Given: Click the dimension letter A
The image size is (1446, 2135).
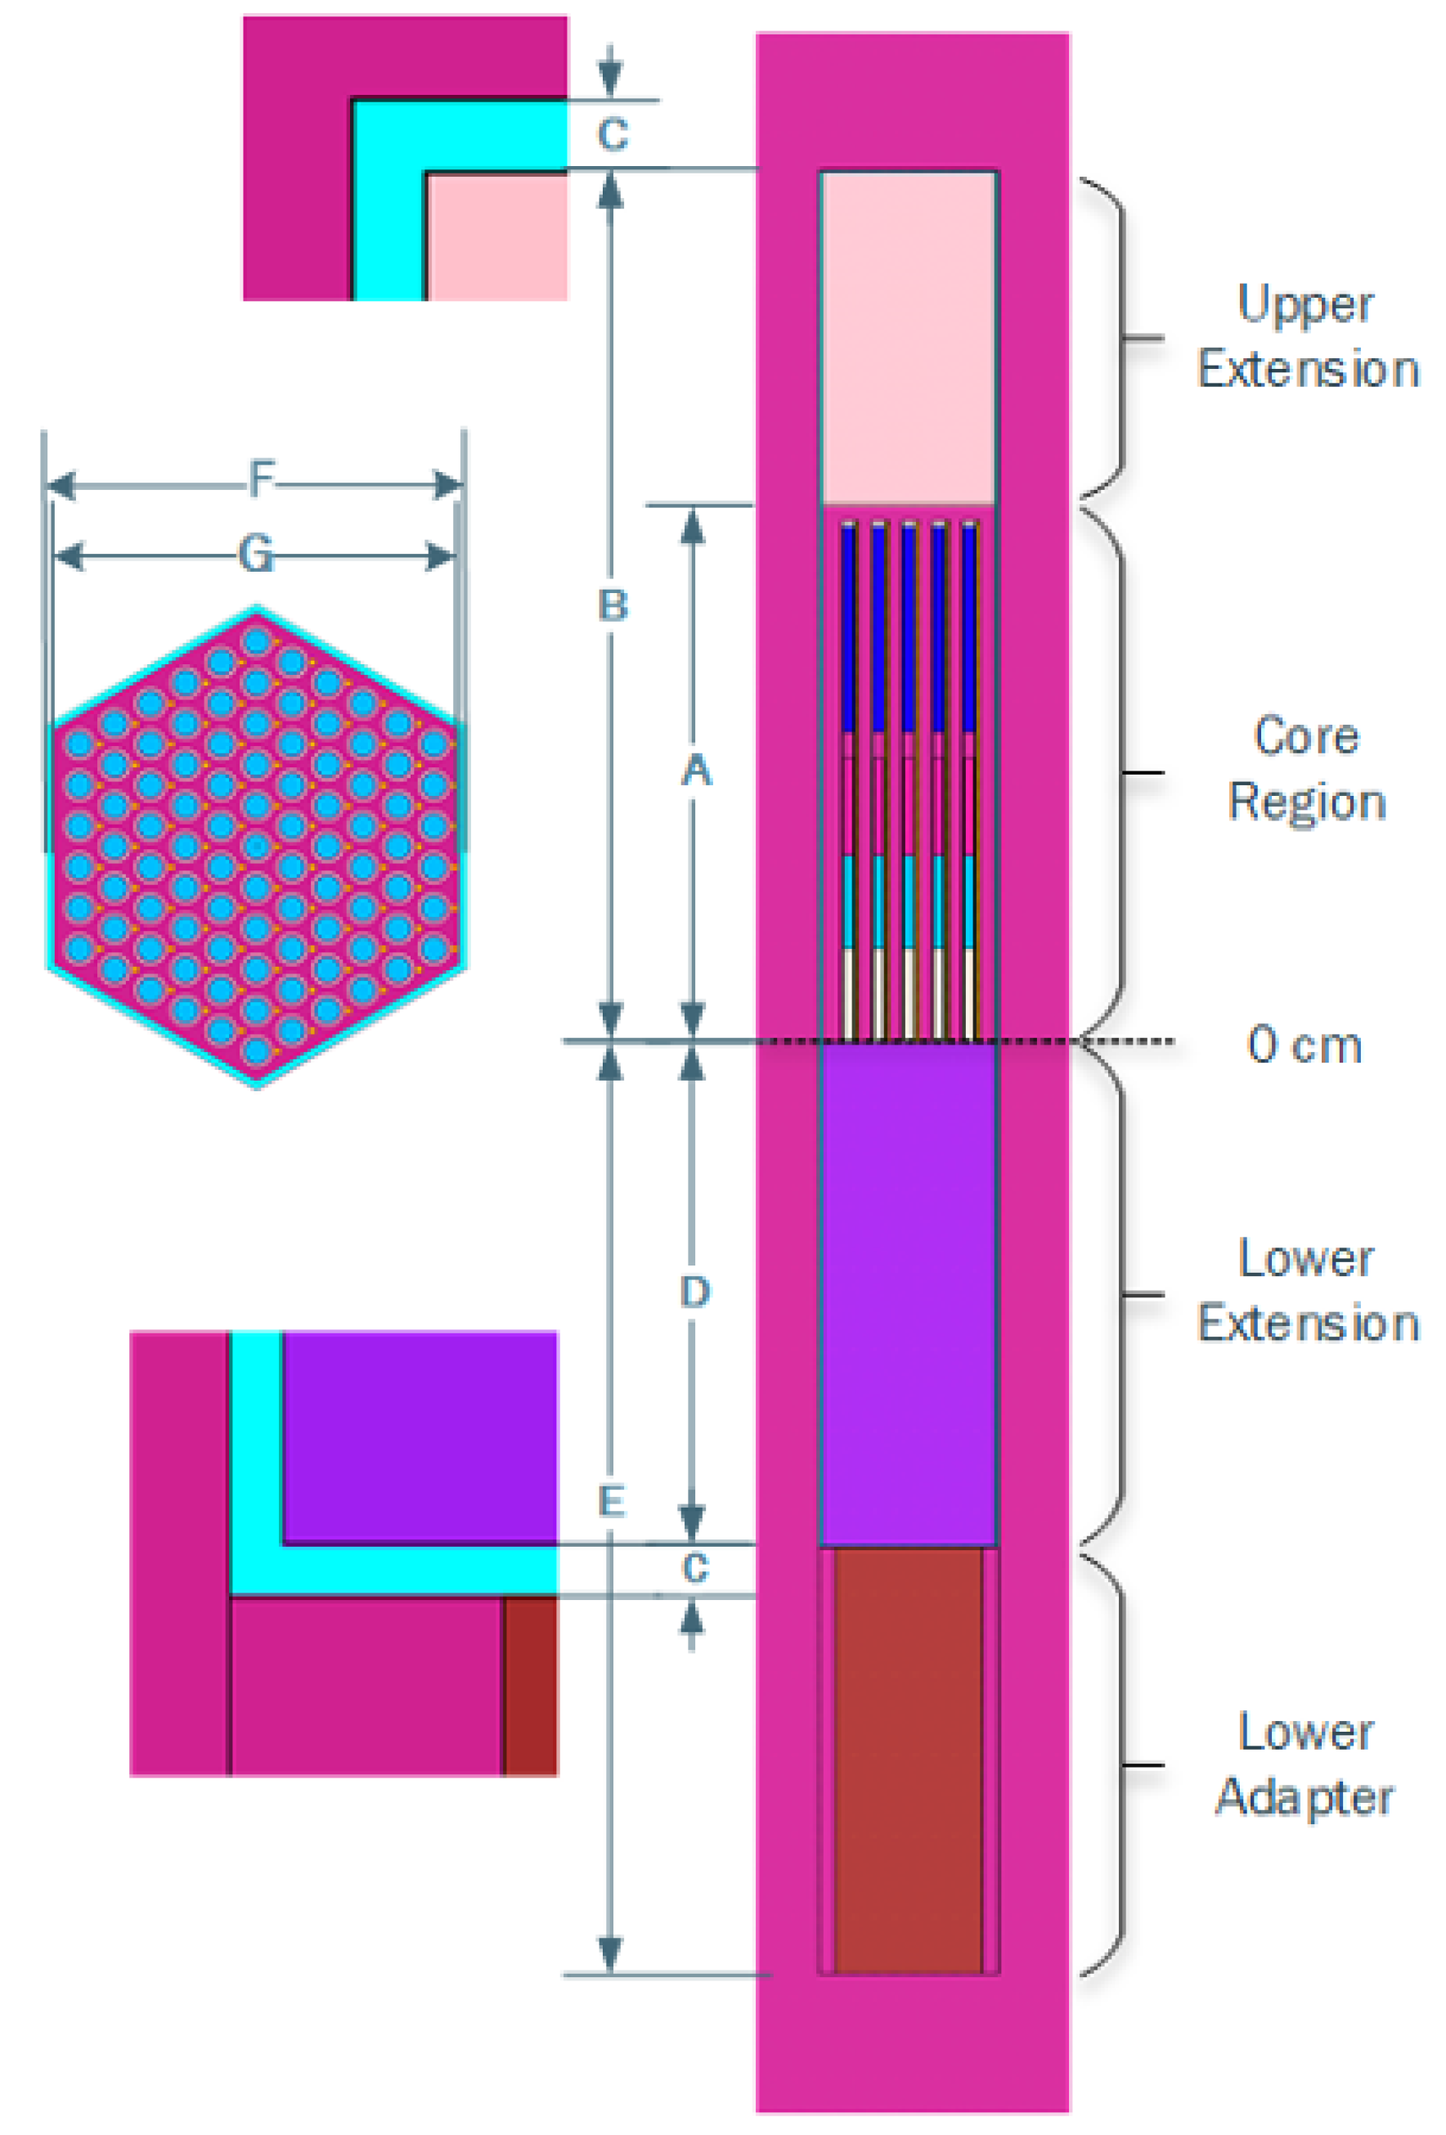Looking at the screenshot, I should coord(695,770).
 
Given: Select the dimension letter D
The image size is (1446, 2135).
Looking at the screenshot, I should coord(694,1292).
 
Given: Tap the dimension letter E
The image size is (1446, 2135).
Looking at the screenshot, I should coord(611,1502).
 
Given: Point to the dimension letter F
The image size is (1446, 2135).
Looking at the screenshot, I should coord(262,479).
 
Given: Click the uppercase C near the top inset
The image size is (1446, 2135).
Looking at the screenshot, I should coord(613,134).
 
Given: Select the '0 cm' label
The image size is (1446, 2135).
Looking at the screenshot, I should coord(1304,1045).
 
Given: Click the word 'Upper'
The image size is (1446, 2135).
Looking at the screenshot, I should coord(1305,304).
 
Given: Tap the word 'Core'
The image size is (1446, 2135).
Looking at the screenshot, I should coord(1306,737).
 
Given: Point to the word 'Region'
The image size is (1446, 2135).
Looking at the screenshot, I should coord(1306,802).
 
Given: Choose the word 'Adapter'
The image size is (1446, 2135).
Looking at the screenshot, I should coord(1305,1798).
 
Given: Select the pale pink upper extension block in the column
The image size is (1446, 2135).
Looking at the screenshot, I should coord(908,338).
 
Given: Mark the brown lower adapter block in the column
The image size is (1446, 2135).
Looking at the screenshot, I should coord(908,1764).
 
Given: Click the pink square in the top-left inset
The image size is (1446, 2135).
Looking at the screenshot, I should coord(497,237).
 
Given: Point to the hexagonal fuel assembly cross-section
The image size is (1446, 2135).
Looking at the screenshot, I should coord(256,847).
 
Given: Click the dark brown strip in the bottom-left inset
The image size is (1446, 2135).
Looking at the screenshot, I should coord(530,1686).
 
